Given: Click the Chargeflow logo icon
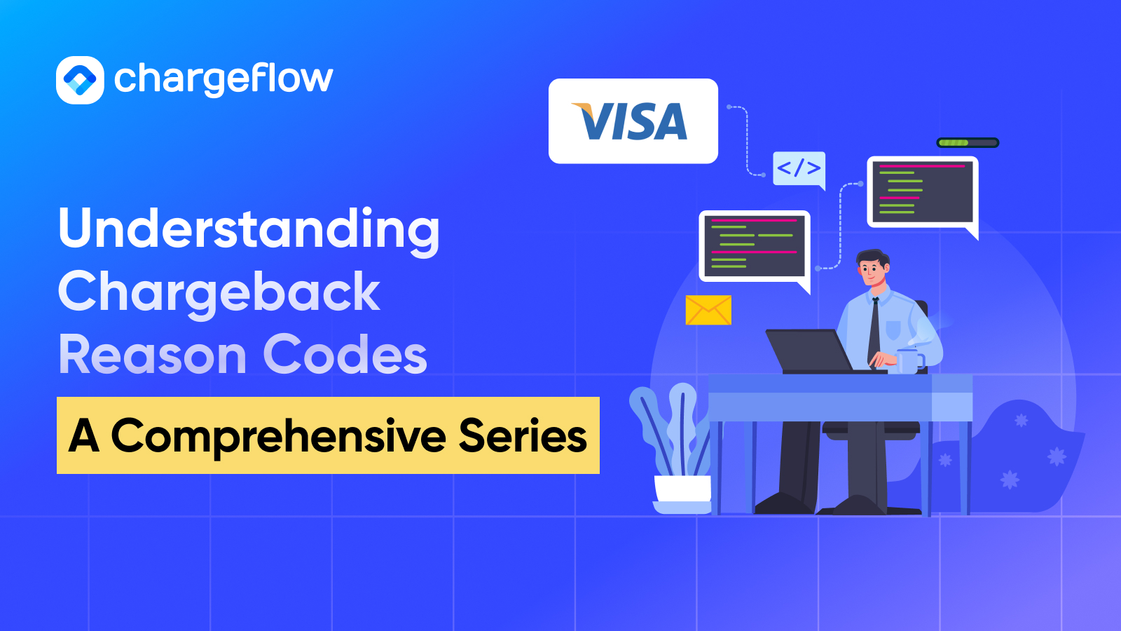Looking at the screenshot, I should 80,80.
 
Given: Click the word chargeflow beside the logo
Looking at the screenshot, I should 223,79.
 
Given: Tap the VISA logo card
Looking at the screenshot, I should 633,121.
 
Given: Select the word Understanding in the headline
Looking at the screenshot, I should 249,230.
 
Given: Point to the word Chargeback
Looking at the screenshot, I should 219,292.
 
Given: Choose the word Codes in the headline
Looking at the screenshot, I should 345,355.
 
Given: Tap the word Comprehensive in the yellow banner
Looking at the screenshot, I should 278,436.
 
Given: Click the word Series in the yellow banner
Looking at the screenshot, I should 523,436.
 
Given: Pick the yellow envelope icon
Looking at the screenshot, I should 708,310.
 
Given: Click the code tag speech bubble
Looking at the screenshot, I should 799,168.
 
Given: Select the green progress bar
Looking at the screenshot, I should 968,143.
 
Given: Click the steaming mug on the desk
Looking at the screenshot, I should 909,360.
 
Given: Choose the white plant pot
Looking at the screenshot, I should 682,490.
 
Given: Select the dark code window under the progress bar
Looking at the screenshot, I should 922,191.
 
